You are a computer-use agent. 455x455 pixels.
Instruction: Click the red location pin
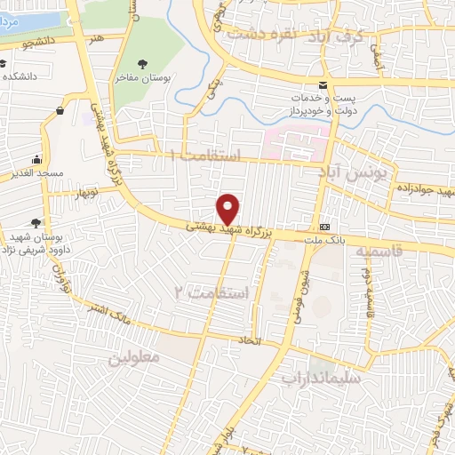coord(228,209)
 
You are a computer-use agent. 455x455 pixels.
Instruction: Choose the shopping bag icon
coord(60,111)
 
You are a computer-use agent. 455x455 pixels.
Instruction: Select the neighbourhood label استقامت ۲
coord(216,291)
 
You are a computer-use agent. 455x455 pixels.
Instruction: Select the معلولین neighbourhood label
coord(134,358)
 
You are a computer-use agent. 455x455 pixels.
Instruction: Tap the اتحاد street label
coord(245,340)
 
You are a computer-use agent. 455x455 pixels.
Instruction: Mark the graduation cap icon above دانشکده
coord(4,63)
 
